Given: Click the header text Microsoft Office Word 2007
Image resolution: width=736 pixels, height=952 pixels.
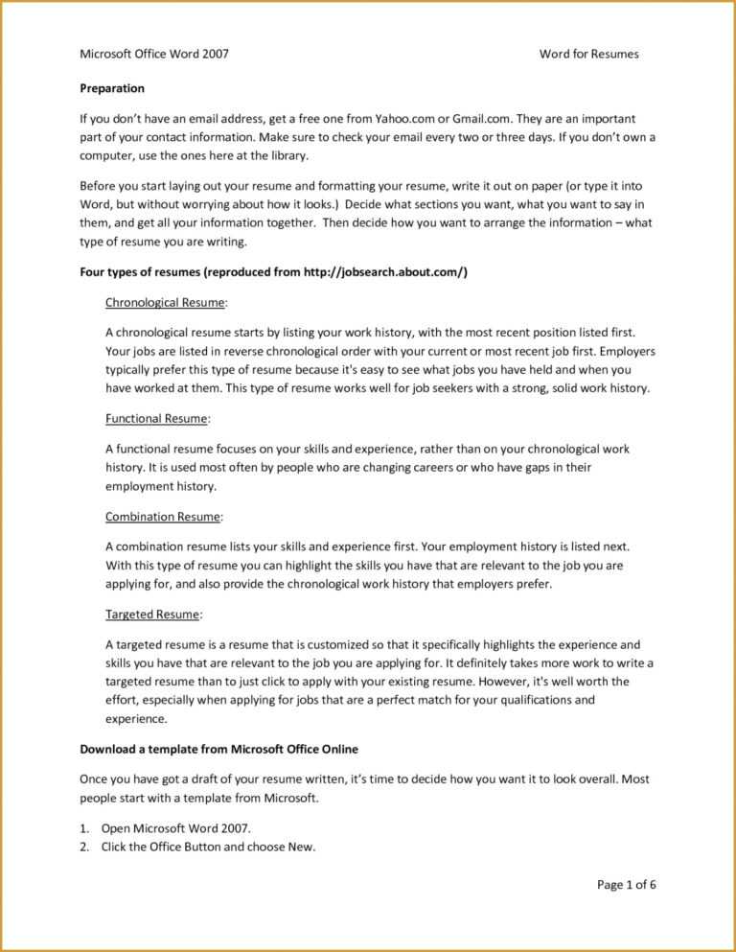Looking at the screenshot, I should coord(153,54).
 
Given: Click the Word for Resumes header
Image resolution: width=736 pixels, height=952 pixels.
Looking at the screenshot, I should coord(588,54).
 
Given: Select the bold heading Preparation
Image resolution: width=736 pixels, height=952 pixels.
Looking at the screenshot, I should coord(111,88).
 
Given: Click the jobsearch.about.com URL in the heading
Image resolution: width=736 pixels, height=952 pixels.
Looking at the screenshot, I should coord(384,272).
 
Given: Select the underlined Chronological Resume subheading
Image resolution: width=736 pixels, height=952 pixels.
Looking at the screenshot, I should coord(165,303).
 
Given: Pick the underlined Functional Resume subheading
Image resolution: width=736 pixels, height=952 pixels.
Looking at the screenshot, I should coord(156,418).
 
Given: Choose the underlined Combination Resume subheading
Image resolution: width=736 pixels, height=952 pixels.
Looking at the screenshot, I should coord(163,517).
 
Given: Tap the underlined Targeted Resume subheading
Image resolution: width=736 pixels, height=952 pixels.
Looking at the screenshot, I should coord(152,615).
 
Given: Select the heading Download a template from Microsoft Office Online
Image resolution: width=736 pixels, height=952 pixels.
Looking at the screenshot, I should coord(218,749).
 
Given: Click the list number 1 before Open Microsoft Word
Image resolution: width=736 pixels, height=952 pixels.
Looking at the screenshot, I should coord(83,828).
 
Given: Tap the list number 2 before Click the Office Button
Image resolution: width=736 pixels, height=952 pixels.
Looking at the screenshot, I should coord(83,847).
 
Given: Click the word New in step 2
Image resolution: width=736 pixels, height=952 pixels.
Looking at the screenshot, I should coord(301,847).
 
